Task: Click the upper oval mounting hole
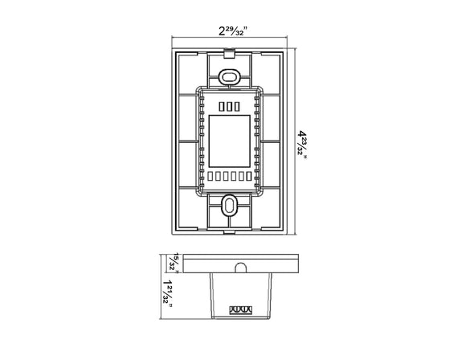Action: [228, 76]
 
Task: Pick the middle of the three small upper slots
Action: [228, 106]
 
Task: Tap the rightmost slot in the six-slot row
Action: [248, 177]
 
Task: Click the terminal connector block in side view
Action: [239, 308]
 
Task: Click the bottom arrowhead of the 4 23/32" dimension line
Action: [295, 231]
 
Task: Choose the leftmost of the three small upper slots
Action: [220, 106]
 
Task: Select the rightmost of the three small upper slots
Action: [236, 106]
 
